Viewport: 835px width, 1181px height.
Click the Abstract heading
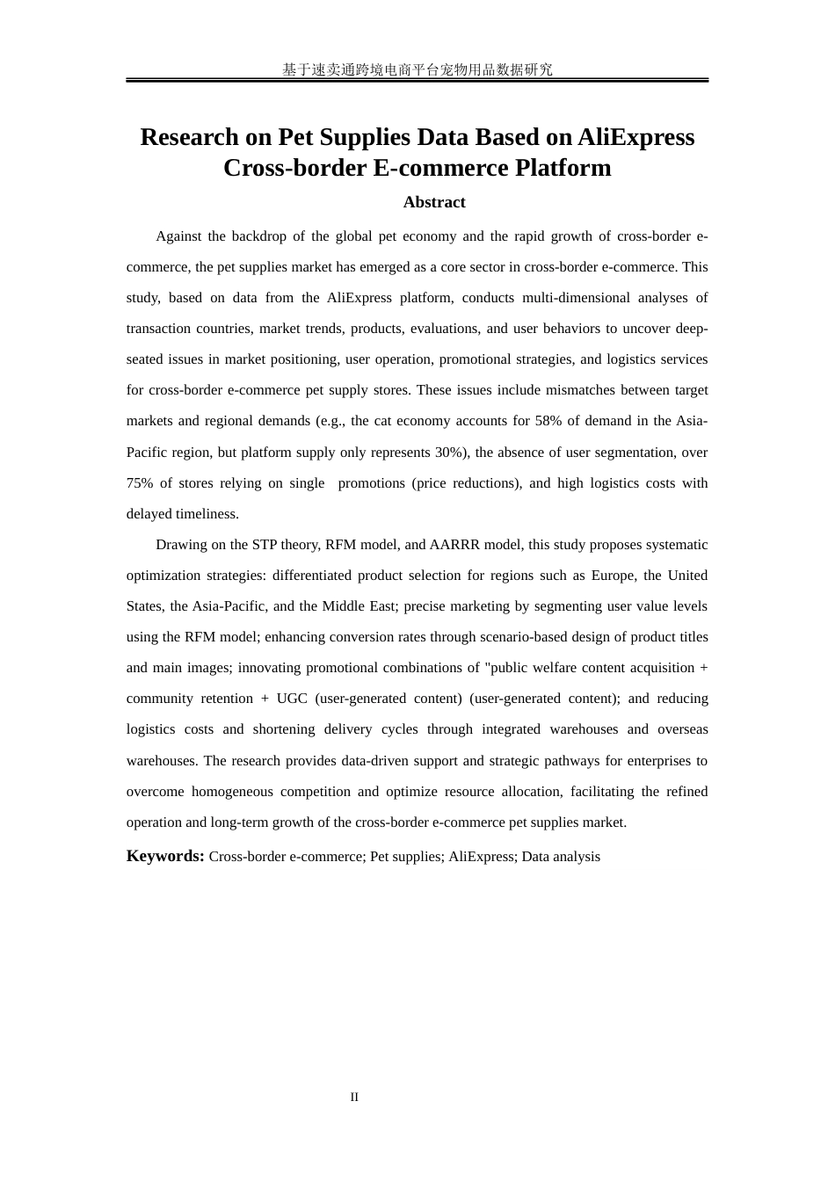point(434,202)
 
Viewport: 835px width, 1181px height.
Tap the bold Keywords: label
point(165,856)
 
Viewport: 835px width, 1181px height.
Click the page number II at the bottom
point(354,1097)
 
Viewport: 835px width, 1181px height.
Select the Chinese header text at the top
point(417,69)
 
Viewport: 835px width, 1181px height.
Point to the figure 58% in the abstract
point(548,421)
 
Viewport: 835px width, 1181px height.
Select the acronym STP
point(265,544)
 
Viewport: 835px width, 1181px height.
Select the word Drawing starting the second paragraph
point(180,544)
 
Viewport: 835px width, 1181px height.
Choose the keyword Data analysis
point(561,857)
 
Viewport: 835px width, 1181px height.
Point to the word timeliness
point(206,513)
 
